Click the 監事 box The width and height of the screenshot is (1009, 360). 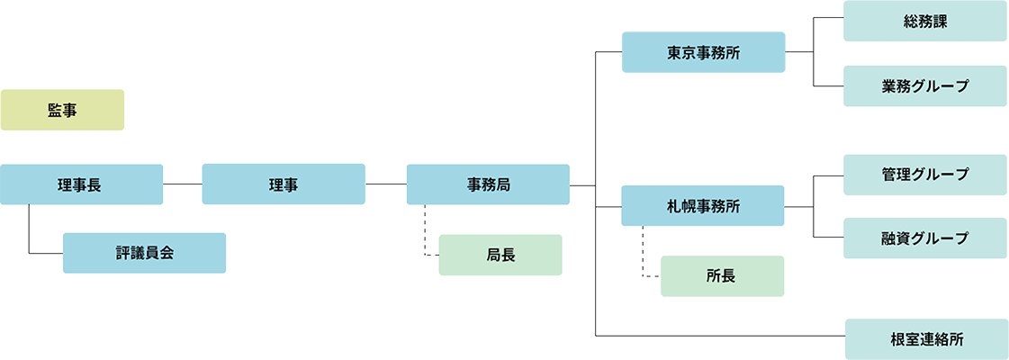(62, 110)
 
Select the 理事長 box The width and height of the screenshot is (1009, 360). (81, 184)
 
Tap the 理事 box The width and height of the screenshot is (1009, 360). (284, 184)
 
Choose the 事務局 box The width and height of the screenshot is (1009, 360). (488, 184)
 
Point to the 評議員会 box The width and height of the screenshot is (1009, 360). (144, 253)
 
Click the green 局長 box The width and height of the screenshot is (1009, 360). (500, 255)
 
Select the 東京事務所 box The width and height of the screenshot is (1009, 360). (703, 53)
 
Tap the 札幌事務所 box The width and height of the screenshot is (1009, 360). (703, 206)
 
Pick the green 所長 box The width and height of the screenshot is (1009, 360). (722, 276)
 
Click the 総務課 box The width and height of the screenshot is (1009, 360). (925, 20)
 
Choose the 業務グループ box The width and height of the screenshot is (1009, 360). (925, 86)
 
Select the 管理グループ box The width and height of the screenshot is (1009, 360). (925, 175)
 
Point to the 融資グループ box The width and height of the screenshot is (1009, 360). (925, 238)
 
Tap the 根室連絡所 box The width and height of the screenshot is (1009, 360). (925, 339)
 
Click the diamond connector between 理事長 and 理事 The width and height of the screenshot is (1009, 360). (183, 184)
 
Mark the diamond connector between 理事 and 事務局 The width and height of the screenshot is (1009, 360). (386, 184)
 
